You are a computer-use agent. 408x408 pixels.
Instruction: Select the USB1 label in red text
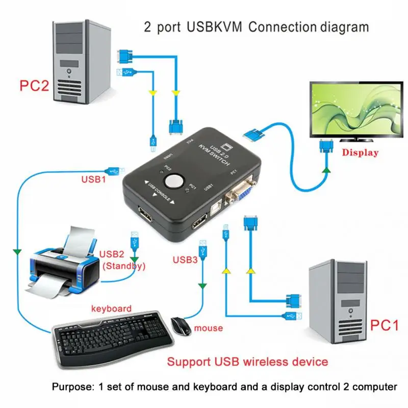pyautogui.click(x=94, y=180)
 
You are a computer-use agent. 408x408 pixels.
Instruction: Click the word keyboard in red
pyautogui.click(x=111, y=309)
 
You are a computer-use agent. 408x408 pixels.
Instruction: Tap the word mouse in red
pyautogui.click(x=208, y=328)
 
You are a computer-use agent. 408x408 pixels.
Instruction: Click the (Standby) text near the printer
pyautogui.click(x=124, y=266)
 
